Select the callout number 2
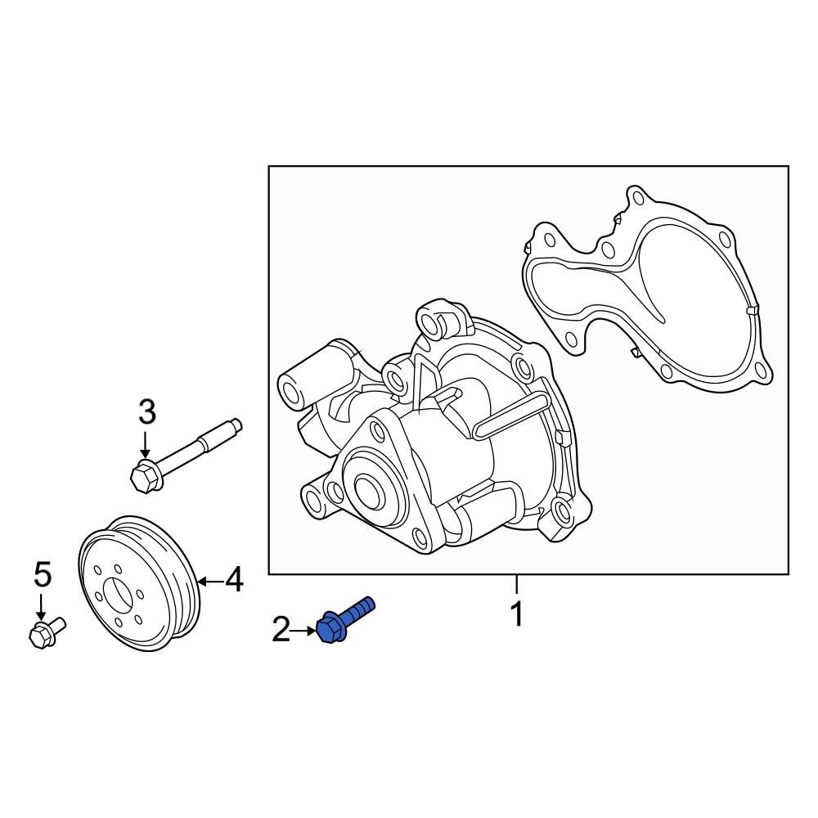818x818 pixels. [281, 630]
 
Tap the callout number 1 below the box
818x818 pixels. [516, 613]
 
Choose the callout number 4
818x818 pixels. [234, 581]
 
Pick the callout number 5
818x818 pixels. [42, 575]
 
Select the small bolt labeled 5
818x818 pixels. [47, 631]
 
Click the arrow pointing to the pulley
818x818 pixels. [208, 582]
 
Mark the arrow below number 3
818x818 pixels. [146, 446]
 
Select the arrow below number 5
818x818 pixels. [42, 607]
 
